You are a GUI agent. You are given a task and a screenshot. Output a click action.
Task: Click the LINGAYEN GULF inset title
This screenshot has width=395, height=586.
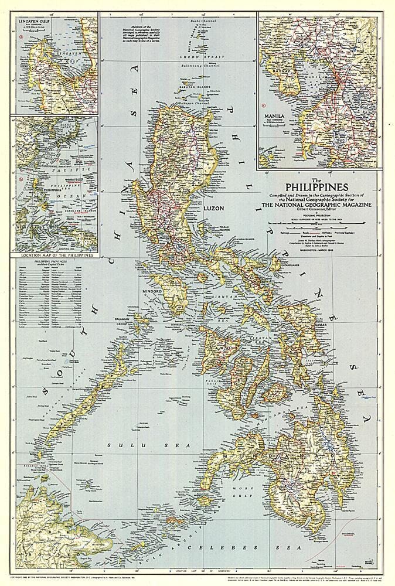click(34, 19)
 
